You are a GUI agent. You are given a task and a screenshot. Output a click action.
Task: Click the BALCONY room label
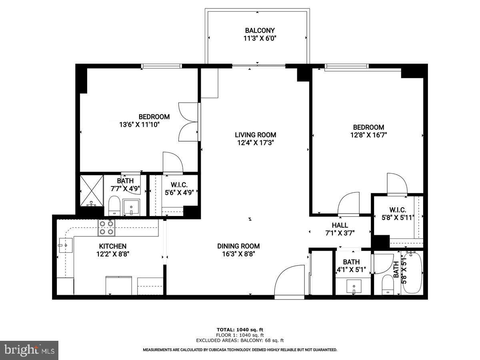pyautogui.click(x=260, y=30)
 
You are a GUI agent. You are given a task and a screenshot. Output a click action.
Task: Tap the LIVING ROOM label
pyautogui.click(x=255, y=135)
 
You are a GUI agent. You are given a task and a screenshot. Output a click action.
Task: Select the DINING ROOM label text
pyautogui.click(x=238, y=246)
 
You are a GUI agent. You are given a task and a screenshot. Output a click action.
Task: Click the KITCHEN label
pyautogui.click(x=113, y=246)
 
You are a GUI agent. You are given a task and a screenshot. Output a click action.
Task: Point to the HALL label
pyautogui.click(x=340, y=225)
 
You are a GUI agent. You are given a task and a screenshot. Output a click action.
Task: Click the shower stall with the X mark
pyautogui.click(x=92, y=190)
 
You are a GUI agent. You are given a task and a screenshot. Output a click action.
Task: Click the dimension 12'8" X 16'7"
pyautogui.click(x=368, y=135)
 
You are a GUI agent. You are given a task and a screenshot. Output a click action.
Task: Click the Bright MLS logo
pyautogui.click(x=29, y=350)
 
